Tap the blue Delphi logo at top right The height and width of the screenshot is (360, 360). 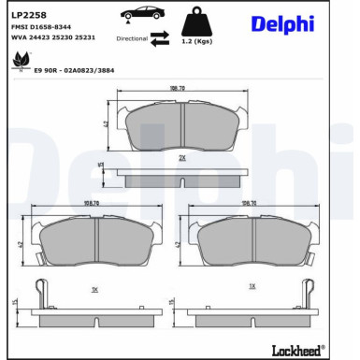[281, 25]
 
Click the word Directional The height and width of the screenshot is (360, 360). [132, 39]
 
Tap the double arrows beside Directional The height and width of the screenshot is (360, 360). [159, 36]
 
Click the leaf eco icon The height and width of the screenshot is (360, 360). [19, 63]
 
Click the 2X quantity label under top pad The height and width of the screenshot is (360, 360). [182, 158]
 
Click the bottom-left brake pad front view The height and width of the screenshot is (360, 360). [94, 243]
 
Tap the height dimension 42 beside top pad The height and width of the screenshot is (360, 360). [106, 123]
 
